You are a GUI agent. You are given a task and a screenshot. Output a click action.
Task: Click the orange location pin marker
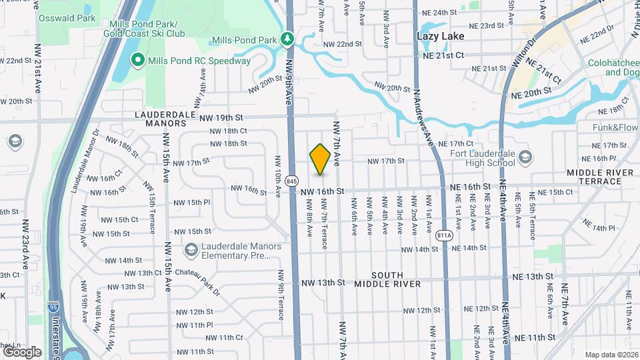coord(320,159)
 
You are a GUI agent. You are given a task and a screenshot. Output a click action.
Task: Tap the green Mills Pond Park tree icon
coord(288,39)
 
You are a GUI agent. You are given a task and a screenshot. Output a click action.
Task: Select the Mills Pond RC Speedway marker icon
coord(138,61)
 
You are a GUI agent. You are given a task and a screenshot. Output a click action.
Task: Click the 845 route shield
coord(291,180)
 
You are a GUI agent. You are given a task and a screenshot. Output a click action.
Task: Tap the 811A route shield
coord(445,236)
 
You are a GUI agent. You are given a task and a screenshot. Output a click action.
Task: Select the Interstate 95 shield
coord(53,308)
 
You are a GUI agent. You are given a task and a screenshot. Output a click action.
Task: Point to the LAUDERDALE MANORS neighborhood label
coord(160,119)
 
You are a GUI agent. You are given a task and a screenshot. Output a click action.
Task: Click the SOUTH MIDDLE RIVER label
coord(387,279)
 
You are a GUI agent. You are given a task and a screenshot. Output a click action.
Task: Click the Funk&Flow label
coord(615,127)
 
